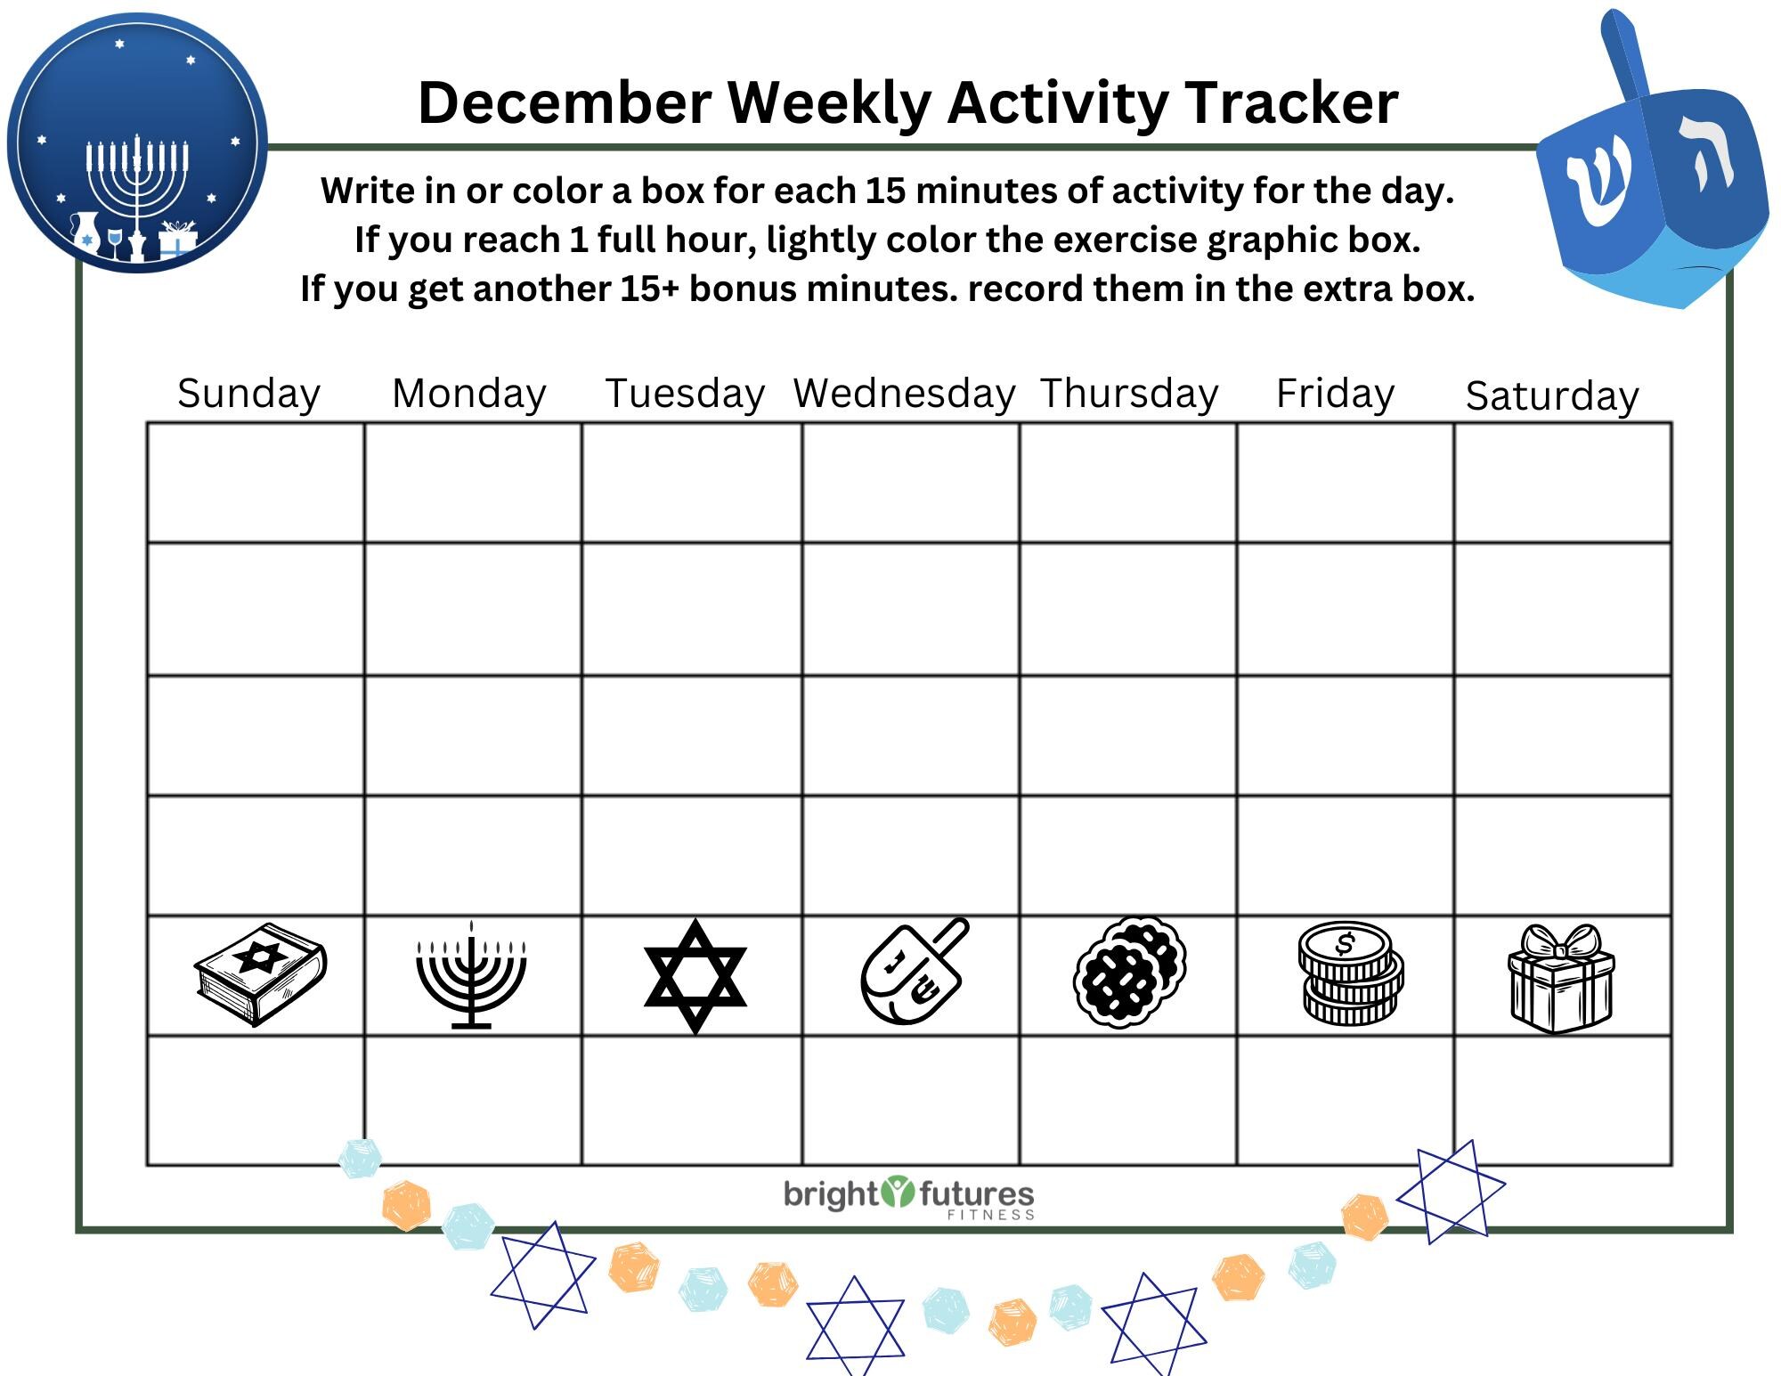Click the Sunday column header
(x=248, y=394)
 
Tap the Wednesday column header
(x=905, y=394)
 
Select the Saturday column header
(x=1552, y=395)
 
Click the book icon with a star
(x=260, y=973)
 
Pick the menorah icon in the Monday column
(x=471, y=975)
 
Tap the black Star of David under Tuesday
(x=695, y=976)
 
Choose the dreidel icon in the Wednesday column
(x=913, y=973)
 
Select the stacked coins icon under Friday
(x=1349, y=973)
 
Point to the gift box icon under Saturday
(x=1561, y=977)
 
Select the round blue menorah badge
(x=137, y=142)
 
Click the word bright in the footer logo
(x=831, y=1195)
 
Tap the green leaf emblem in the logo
(x=898, y=1192)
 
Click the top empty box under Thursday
(x=1128, y=483)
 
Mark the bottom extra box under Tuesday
(x=692, y=1100)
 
